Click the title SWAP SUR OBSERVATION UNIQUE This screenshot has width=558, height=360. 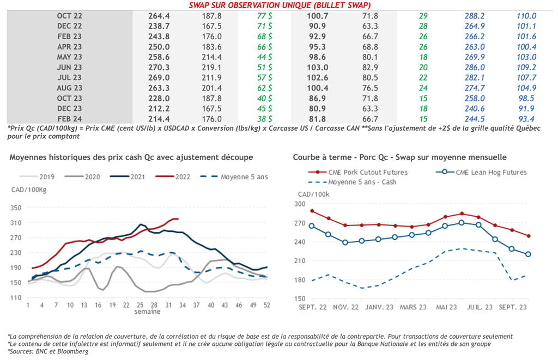[x=283, y=5]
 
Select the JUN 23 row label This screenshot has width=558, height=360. [x=69, y=67]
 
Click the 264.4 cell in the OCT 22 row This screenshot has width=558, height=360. [x=159, y=16]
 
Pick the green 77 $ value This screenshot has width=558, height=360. [x=265, y=16]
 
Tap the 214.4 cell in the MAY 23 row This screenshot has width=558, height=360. [x=211, y=57]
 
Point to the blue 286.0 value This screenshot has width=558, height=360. [x=474, y=67]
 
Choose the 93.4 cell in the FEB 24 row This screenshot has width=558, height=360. [x=526, y=118]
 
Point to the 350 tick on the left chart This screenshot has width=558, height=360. [x=16, y=208]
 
